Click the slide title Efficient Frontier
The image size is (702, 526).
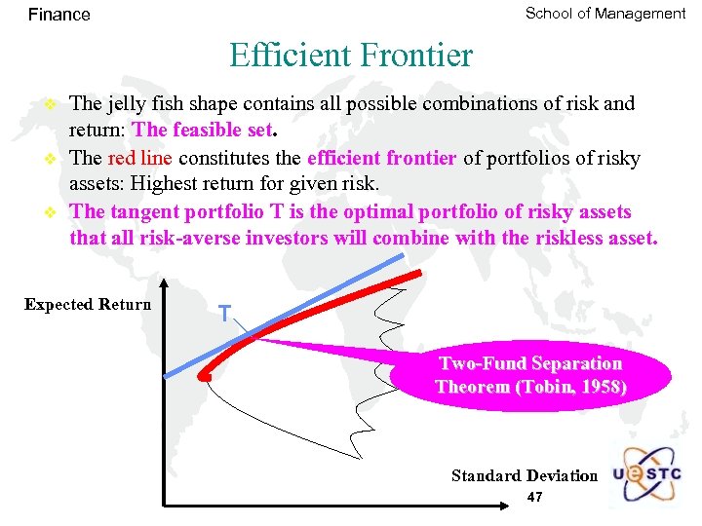coord(351,55)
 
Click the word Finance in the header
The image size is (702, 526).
coord(58,15)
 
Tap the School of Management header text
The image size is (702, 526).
coord(605,14)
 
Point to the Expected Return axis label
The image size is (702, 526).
coord(88,305)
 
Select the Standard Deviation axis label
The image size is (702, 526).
coord(524,475)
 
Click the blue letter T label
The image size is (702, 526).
coord(224,314)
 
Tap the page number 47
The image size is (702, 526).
coord(534,498)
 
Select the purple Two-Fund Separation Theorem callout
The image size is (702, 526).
coord(530,375)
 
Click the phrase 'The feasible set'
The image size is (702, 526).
coord(203,130)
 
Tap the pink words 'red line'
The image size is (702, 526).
coord(138,158)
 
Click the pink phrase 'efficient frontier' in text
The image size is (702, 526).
coord(381,158)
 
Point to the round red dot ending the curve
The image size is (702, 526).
coord(206,374)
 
